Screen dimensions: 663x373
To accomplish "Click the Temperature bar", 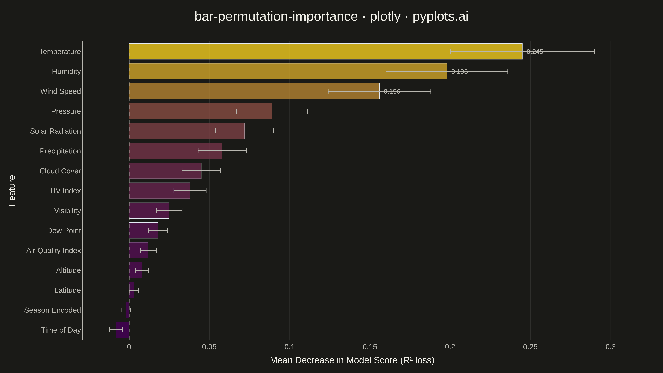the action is [x=326, y=52].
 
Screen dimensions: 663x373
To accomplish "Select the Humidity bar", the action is [x=288, y=71].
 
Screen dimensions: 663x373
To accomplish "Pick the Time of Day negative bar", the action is [x=123, y=330].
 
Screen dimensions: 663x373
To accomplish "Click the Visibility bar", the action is [x=149, y=211].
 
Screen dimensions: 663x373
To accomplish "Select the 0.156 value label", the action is [x=392, y=91].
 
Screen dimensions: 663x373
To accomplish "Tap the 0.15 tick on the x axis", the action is [x=370, y=347].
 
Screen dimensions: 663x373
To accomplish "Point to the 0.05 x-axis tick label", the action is [x=209, y=347].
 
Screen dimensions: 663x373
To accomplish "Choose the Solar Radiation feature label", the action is [x=55, y=131].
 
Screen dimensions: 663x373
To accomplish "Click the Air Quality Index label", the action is [x=54, y=250].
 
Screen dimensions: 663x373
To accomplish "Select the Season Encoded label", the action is [x=52, y=310].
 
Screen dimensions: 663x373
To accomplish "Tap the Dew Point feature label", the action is [x=64, y=231].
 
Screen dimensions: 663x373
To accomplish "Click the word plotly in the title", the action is [x=385, y=16].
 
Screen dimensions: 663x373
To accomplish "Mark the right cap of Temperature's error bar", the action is [x=594, y=52].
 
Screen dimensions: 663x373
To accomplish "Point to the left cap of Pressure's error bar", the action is [x=236, y=111].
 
